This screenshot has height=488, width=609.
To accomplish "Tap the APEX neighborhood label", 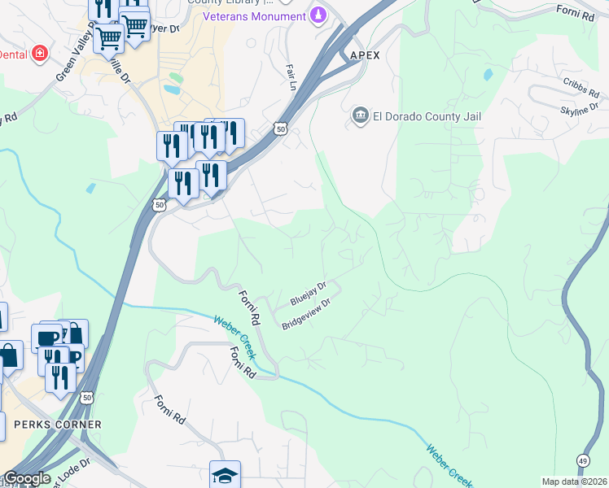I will [x=365, y=55].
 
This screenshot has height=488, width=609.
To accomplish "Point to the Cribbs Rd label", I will [x=579, y=84].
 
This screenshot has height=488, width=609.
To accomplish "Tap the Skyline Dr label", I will [x=580, y=110].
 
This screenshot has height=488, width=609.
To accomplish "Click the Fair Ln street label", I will [x=290, y=76].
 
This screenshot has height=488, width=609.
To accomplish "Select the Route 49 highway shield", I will [x=583, y=460].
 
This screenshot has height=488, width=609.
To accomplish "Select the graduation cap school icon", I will [x=225, y=474].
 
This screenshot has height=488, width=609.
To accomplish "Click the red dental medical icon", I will [x=38, y=54].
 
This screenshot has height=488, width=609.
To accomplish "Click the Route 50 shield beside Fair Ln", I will [x=280, y=129].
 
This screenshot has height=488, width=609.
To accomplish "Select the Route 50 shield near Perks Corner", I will [x=87, y=397].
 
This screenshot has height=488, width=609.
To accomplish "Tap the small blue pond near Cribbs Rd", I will [x=488, y=74].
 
